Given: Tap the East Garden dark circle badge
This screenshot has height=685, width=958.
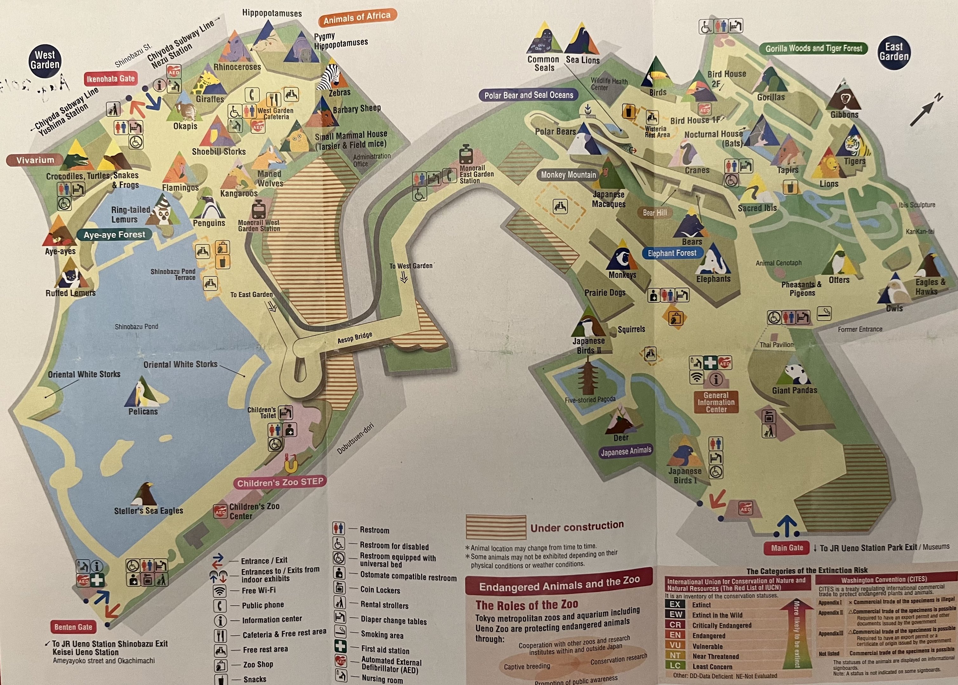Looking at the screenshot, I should click(894, 52).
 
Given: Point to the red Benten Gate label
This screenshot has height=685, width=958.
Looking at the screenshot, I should click(73, 627).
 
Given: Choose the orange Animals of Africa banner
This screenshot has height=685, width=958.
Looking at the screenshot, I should click(357, 17).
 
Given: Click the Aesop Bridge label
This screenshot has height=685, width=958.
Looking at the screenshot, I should click(355, 337).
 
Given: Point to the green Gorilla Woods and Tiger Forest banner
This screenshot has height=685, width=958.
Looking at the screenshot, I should click(813, 49).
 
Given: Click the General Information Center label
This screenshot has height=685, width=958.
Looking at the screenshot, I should click(716, 402).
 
